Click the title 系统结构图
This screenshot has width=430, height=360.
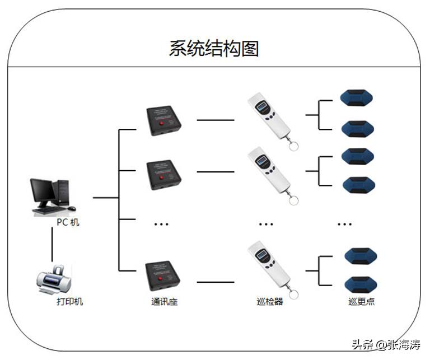pos(214,48)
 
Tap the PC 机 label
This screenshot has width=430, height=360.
pos(68,222)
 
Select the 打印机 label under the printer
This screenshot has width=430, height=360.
pos(70,302)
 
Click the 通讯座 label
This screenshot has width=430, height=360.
pos(164,302)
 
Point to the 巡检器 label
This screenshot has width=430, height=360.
pos(269,302)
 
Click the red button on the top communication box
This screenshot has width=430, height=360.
pos(162,123)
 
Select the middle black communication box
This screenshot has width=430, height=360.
pos(163,175)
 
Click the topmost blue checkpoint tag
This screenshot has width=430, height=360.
pos(356,99)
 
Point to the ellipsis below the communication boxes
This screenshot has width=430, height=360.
pos(161,224)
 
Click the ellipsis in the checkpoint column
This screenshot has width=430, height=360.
pos(345,224)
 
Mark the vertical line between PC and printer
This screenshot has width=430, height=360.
pos(52,244)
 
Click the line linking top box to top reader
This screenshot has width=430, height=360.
pos(215,120)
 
